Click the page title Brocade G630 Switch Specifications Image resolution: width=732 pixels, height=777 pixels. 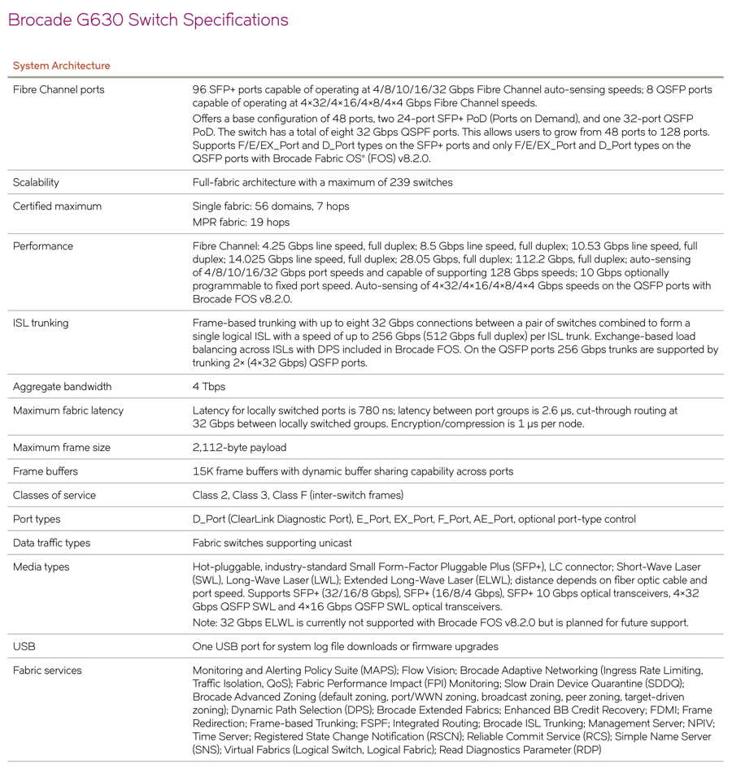(x=148, y=20)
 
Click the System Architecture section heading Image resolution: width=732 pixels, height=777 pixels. (x=62, y=66)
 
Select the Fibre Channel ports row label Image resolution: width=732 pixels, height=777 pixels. (x=59, y=89)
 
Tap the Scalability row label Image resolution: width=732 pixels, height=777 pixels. (x=36, y=182)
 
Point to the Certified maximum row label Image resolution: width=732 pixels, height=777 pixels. (x=57, y=206)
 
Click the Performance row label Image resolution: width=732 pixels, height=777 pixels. (x=42, y=246)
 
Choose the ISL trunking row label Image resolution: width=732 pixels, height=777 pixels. (x=41, y=323)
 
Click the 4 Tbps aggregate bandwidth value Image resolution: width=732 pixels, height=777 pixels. (x=209, y=387)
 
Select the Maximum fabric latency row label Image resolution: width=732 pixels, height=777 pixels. (x=68, y=410)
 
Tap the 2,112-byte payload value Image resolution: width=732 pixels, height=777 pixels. (x=239, y=448)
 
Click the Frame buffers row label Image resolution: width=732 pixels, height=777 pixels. (x=46, y=471)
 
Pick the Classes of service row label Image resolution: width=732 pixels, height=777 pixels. (x=54, y=495)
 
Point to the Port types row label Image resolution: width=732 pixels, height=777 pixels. (x=37, y=519)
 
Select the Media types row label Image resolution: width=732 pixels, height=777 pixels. (x=41, y=566)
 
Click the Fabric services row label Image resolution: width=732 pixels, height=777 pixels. (x=47, y=671)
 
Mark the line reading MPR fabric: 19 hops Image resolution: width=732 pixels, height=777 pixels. (x=241, y=222)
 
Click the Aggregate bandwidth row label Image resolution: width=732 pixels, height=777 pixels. (x=63, y=387)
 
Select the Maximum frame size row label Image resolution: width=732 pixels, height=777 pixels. (x=62, y=448)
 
